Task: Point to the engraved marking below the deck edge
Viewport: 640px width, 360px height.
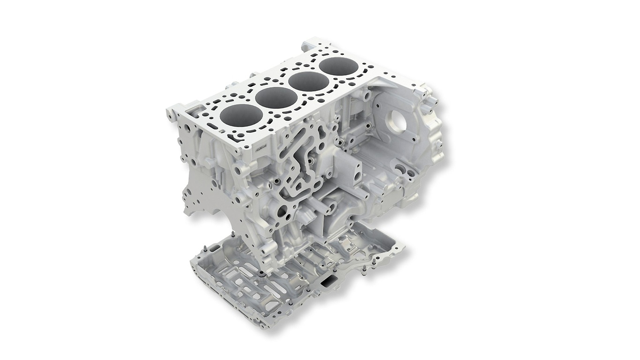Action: point(259,148)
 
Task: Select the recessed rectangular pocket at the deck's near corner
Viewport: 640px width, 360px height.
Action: point(195,111)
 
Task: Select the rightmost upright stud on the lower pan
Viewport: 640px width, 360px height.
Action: point(364,270)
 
